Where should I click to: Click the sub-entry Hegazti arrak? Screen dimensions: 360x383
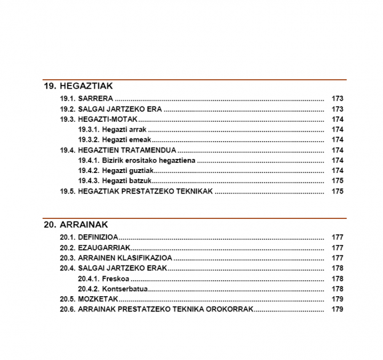pyautogui.click(x=112, y=130)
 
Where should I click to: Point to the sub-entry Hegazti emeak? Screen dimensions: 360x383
pyautogui.click(x=114, y=140)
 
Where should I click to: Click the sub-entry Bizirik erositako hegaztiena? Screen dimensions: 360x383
pyautogui.click(x=137, y=160)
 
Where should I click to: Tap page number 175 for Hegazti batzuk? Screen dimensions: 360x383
pyautogui.click(x=338, y=181)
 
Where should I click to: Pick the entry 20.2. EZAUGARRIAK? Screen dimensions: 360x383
pyautogui.click(x=95, y=248)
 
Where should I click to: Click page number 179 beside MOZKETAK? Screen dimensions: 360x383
pyautogui.click(x=338, y=299)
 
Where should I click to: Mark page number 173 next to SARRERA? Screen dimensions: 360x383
pyautogui.click(x=338, y=99)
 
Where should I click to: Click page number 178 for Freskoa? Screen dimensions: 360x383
pyautogui.click(x=338, y=278)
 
